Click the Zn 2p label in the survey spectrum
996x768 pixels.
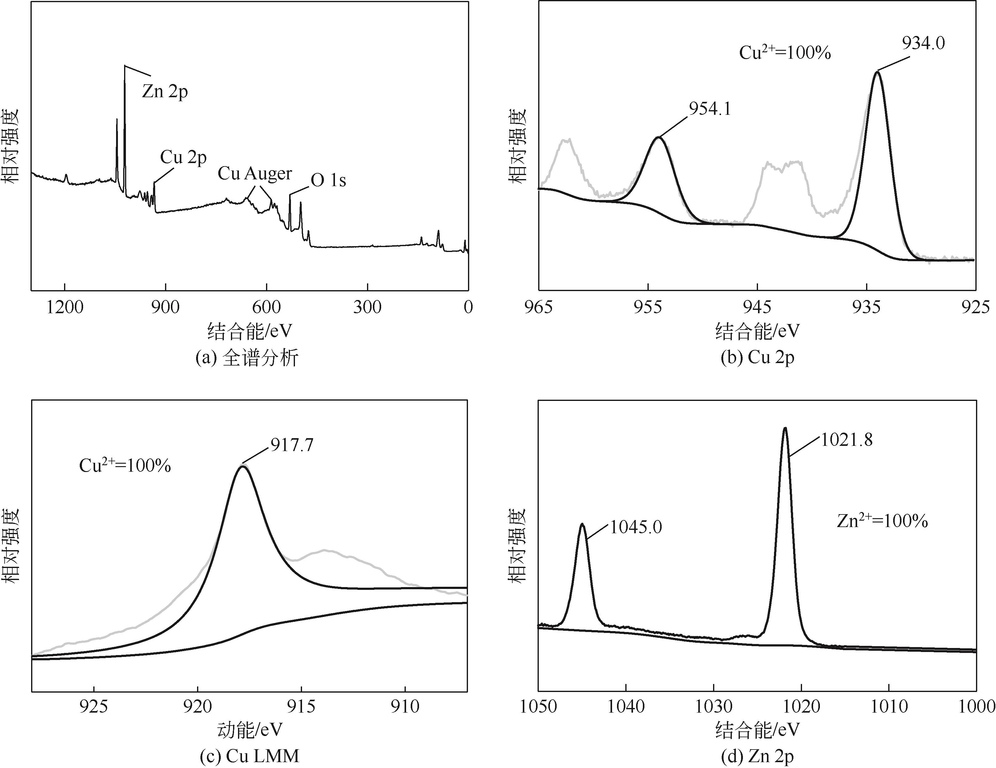coord(165,92)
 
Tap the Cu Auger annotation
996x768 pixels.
coord(255,174)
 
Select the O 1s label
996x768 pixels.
coord(328,181)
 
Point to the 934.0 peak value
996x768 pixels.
coord(923,43)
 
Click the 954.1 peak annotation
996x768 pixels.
coord(710,109)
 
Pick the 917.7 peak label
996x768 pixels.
coord(292,445)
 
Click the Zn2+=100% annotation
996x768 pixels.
coord(882,521)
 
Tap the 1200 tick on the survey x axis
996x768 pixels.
coord(65,307)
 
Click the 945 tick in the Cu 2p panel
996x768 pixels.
coord(757,307)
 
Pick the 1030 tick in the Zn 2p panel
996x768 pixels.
coord(714,706)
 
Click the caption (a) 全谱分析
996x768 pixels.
coord(247,358)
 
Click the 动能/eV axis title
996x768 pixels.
coord(249,730)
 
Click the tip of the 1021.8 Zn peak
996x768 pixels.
coord(785,428)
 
